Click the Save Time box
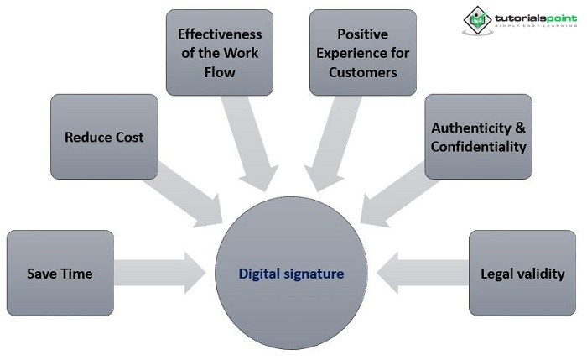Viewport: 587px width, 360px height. [60, 274]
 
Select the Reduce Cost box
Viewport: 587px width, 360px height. [104, 137]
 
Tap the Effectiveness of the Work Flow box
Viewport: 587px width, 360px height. [219, 53]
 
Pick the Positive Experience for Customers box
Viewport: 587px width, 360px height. [363, 53]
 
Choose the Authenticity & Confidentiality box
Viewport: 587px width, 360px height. [478, 137]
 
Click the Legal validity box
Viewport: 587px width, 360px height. [522, 274]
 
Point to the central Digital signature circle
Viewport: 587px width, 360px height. [291, 274]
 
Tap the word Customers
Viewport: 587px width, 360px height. [363, 72]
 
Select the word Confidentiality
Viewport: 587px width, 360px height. [478, 147]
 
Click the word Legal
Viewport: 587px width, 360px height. [498, 274]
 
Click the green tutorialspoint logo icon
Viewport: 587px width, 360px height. [477, 20]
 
